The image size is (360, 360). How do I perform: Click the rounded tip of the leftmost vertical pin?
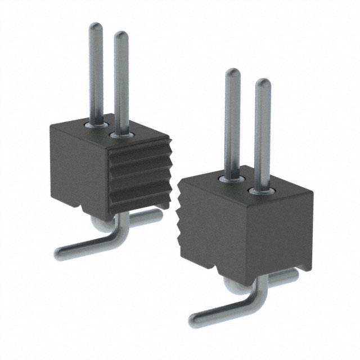pyautogui.click(x=96, y=26)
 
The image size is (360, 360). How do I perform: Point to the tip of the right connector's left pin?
pyautogui.click(x=233, y=73)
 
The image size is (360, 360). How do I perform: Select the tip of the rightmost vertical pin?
pyautogui.click(x=263, y=83)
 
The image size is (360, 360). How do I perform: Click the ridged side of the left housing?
pyautogui.click(x=138, y=174)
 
